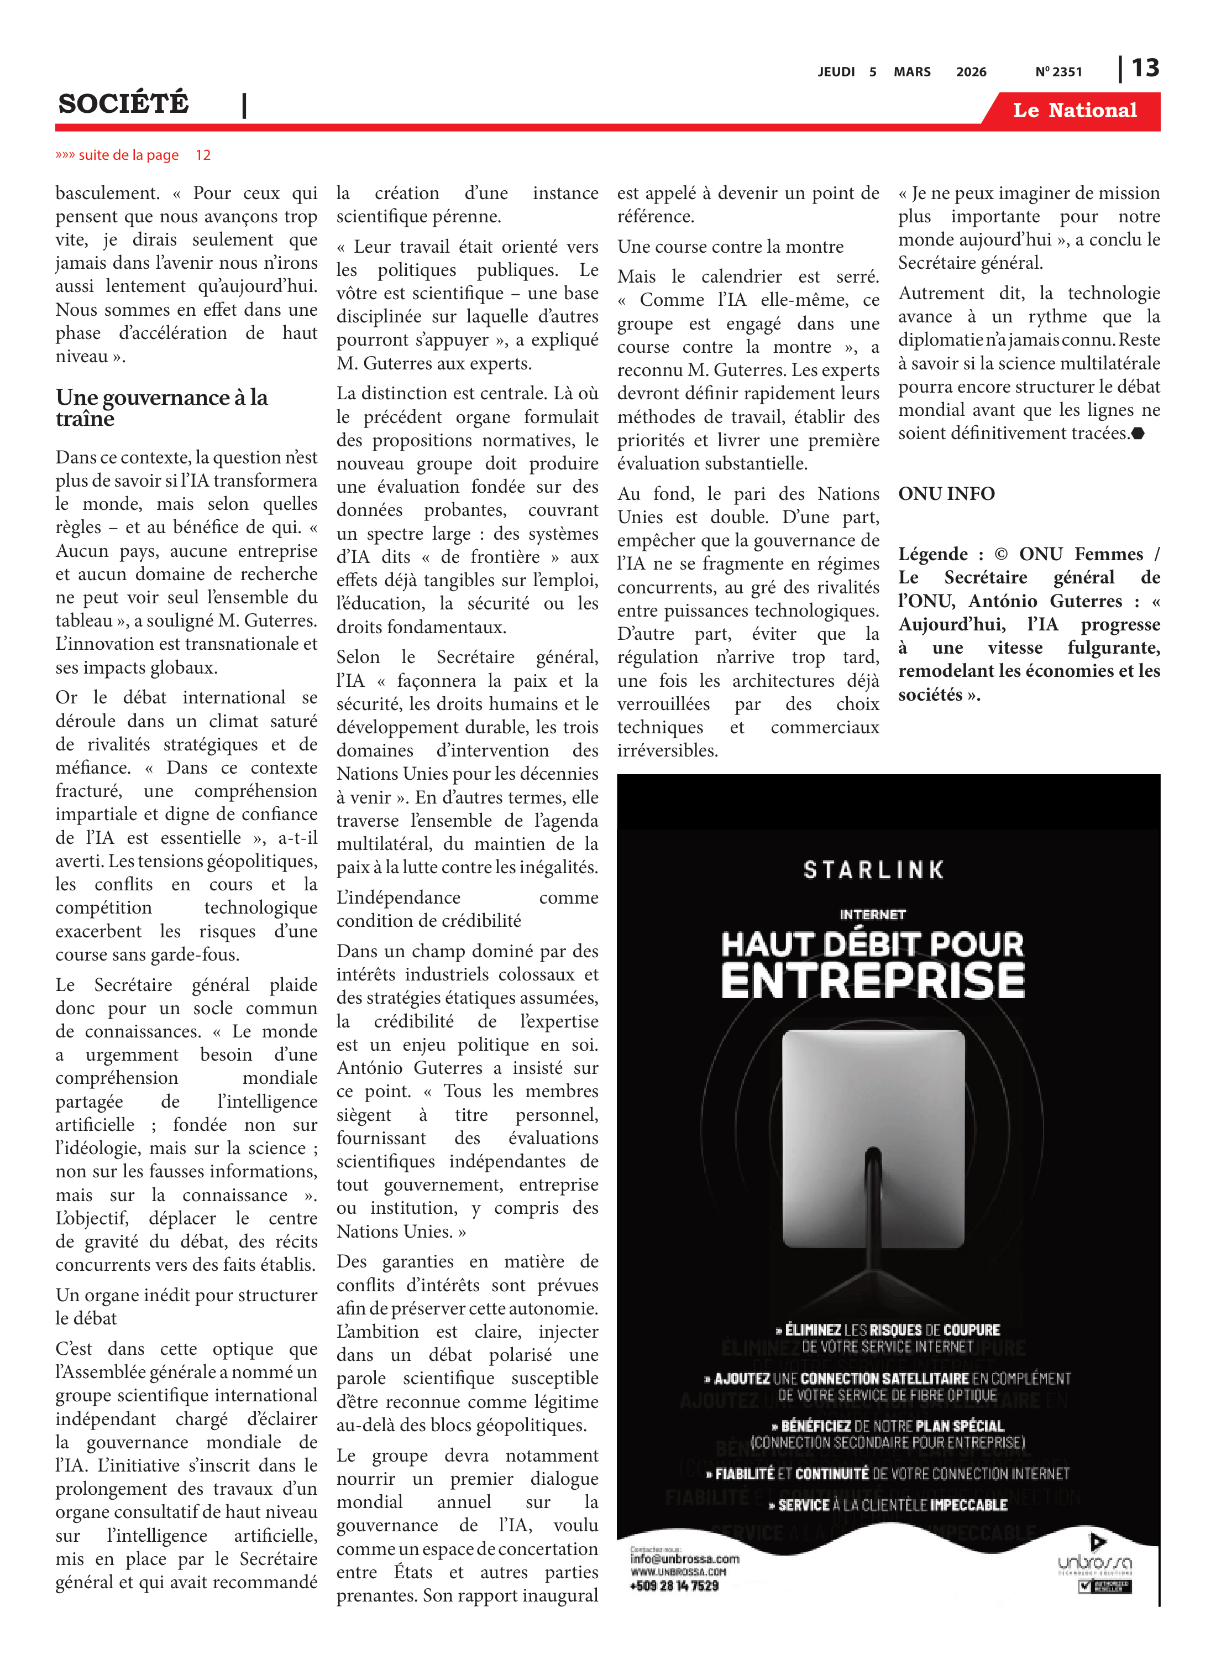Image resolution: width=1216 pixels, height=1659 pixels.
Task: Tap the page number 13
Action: [1145, 69]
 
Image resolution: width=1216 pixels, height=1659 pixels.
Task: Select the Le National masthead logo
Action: [1075, 111]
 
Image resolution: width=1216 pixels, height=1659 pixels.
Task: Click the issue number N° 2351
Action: [1058, 72]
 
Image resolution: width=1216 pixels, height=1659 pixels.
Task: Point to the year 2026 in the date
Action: [971, 72]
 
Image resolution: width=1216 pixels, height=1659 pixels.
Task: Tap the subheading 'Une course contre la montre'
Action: [730, 247]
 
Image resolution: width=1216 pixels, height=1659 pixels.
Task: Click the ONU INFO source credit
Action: [946, 493]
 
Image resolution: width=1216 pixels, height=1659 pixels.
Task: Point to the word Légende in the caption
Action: [932, 554]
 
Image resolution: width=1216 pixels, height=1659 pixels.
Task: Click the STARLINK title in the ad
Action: [874, 870]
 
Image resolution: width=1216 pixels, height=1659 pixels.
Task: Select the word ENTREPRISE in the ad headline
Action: [873, 981]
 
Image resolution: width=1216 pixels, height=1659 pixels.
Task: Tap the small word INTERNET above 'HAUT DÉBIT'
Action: [873, 915]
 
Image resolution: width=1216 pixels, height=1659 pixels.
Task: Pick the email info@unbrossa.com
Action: [684, 1559]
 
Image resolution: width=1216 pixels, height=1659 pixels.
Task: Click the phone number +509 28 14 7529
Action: [674, 1585]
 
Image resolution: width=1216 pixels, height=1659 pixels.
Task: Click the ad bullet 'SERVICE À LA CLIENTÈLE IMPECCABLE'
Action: [888, 1505]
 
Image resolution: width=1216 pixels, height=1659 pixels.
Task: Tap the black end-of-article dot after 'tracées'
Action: [1138, 433]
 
